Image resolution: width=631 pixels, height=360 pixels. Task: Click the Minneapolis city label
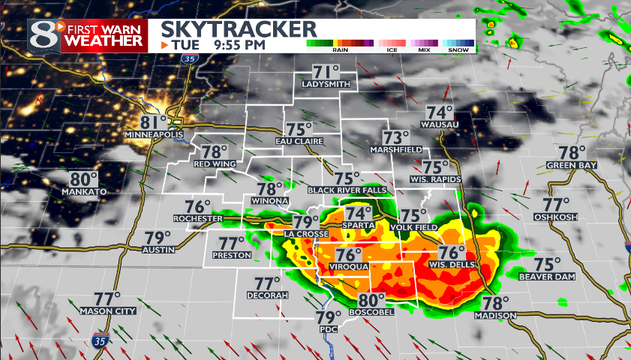[x=154, y=134]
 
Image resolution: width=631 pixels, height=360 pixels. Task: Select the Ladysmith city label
[x=326, y=84]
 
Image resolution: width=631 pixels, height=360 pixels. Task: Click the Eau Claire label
[x=299, y=141]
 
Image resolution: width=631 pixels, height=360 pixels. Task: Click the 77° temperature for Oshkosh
[x=556, y=204]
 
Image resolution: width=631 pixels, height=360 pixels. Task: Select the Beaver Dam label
[x=546, y=277]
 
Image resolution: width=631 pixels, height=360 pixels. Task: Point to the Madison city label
[x=495, y=316]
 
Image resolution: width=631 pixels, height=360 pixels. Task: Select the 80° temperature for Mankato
[x=84, y=179]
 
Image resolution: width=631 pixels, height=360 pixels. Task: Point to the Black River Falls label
[x=347, y=190]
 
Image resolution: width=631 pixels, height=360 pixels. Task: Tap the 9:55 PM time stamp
[x=239, y=45]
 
